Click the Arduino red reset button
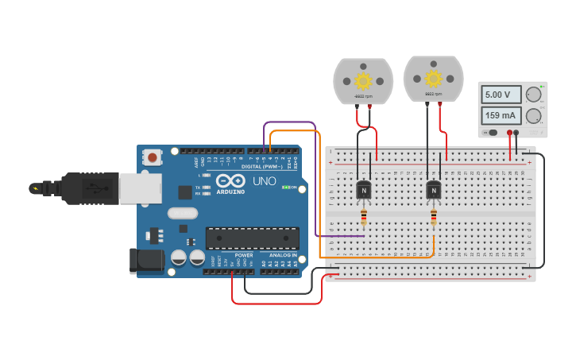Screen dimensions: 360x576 tap(152, 157)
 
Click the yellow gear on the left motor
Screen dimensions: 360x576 tap(363, 80)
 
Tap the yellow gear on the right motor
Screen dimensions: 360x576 tap(433, 78)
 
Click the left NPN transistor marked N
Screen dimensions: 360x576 tap(364, 191)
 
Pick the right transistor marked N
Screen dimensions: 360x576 tap(433, 190)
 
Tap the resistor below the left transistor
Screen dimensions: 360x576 tap(364, 217)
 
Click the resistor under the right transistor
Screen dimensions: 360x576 tap(434, 217)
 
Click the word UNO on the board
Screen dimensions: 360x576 tap(265, 181)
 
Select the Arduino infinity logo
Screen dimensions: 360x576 tap(230, 180)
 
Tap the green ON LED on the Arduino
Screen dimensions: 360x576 tap(285, 188)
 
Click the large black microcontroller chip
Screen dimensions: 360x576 tap(253, 238)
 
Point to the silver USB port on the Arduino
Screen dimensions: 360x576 tap(140, 188)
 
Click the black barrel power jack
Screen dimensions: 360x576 tap(146, 260)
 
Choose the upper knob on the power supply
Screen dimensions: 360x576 tap(533, 95)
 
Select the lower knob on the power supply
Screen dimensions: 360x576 tap(533, 116)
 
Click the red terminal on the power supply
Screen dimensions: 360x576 tap(509, 133)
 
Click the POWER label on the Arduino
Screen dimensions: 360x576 tap(244, 255)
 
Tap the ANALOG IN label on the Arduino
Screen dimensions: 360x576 tap(283, 255)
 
